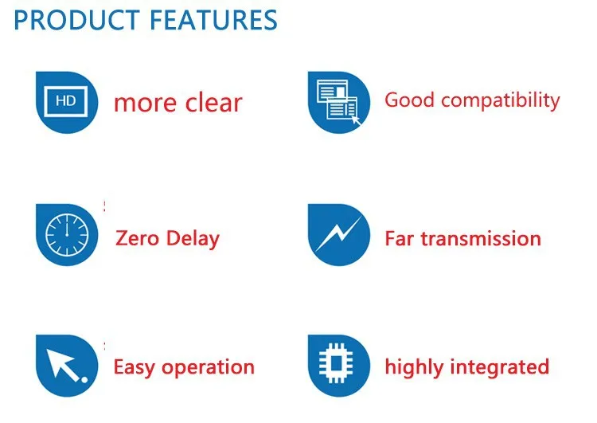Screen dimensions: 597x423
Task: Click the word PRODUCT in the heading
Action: (x=76, y=20)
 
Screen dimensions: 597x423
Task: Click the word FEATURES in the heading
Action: (x=213, y=20)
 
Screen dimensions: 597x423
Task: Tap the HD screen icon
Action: (x=66, y=101)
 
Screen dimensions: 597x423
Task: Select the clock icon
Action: (x=67, y=235)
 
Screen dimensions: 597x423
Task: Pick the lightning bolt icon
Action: (x=339, y=233)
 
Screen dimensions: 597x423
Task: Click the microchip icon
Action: (x=336, y=363)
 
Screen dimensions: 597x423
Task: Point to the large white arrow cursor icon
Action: (x=66, y=365)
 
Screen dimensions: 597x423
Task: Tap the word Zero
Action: (x=137, y=238)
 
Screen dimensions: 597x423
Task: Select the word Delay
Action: (x=193, y=239)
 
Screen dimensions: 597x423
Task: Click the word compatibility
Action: (x=501, y=101)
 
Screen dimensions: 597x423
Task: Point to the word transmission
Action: (x=481, y=239)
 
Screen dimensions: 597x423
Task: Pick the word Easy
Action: (x=135, y=367)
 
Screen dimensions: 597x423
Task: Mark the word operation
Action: (x=208, y=368)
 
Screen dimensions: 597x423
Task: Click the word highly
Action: (x=414, y=367)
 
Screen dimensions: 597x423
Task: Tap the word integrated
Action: (x=500, y=367)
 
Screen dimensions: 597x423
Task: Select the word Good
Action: (x=409, y=100)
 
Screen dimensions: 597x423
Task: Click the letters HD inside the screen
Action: (x=66, y=101)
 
